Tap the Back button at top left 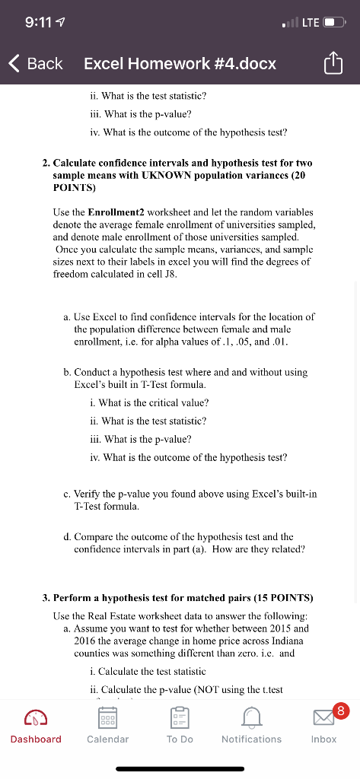click(36, 64)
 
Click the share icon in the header click(334, 65)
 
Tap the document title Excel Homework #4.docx click(180, 64)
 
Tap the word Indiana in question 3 click(294, 641)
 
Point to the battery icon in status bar click(333, 22)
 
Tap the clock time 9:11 click(38, 22)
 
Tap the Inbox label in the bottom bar click(323, 739)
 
